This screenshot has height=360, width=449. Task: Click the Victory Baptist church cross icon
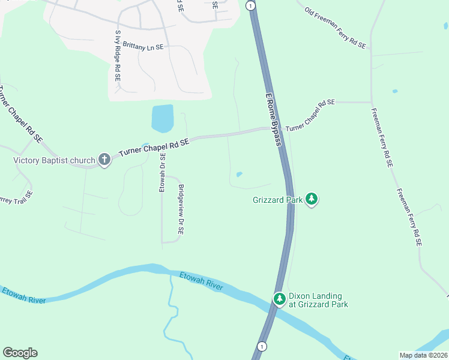tap(104, 160)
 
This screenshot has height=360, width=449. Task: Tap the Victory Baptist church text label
tap(55, 160)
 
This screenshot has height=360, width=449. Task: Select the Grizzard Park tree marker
tap(311, 199)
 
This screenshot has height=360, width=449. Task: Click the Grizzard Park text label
tap(277, 200)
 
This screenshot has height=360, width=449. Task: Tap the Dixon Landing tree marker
tap(279, 299)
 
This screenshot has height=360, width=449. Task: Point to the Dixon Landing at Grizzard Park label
tap(318, 300)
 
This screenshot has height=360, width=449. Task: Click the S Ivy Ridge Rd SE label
tap(118, 56)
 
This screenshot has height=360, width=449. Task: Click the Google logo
tap(20, 353)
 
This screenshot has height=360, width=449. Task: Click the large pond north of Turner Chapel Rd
tap(163, 118)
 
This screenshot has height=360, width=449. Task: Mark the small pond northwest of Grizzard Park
tap(240, 175)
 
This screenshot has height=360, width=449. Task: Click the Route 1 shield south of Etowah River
tap(262, 346)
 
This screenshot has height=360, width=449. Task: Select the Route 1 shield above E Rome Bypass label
tap(251, 6)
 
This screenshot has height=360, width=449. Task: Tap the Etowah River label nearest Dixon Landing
tap(201, 281)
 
